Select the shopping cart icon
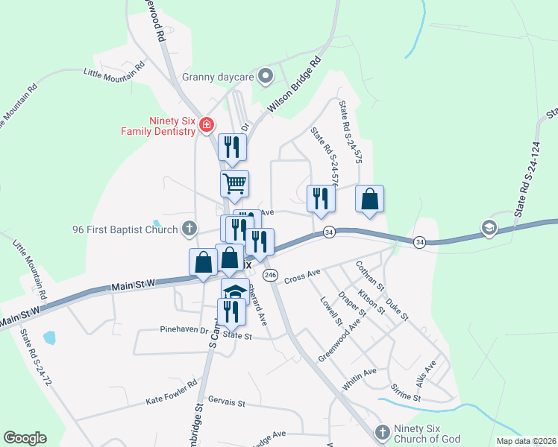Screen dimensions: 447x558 235,183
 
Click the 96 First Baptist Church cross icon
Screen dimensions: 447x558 189,229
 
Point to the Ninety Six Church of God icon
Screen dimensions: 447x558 382,432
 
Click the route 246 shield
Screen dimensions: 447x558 271,275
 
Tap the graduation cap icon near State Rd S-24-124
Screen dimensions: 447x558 489,228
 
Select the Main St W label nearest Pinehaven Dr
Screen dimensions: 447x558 134,285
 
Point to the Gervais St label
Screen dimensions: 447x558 227,402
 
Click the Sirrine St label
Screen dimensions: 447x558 406,393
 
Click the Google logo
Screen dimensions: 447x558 25,438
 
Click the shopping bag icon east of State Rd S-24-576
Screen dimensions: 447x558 370,198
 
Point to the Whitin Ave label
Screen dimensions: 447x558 360,378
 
